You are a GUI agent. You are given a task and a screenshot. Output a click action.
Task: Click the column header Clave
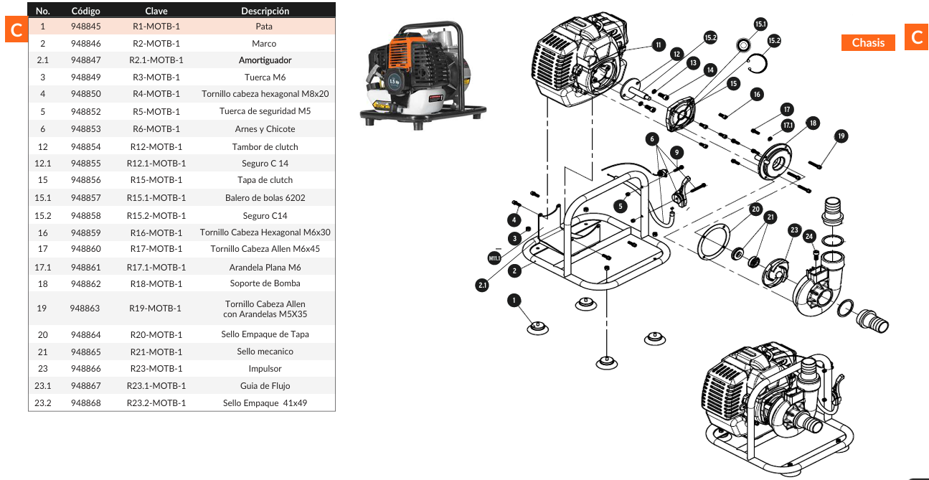click(156, 11)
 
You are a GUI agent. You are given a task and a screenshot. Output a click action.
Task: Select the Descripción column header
click(265, 11)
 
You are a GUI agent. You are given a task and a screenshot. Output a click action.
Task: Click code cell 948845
click(85, 27)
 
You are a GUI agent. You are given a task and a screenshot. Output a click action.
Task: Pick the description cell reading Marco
click(264, 44)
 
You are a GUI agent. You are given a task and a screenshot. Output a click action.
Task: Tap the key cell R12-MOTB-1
click(156, 147)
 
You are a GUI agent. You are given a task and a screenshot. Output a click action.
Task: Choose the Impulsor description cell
click(265, 369)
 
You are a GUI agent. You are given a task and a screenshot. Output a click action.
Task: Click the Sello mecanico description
click(265, 352)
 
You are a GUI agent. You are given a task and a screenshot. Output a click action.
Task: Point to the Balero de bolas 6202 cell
click(265, 198)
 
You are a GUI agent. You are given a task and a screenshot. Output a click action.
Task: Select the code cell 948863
click(85, 309)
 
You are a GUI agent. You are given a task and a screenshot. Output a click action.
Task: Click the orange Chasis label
click(868, 43)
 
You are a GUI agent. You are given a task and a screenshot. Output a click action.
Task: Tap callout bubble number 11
click(658, 44)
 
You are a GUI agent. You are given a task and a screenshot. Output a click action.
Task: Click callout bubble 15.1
click(760, 24)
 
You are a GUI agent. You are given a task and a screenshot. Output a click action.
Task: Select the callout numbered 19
click(841, 136)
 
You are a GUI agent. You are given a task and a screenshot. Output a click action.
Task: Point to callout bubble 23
click(793, 230)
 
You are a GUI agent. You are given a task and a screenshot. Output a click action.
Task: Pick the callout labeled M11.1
click(494, 258)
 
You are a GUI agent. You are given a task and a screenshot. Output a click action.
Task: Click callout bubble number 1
click(514, 300)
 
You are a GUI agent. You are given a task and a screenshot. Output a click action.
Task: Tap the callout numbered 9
click(676, 152)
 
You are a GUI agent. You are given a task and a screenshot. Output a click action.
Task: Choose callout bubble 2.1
click(482, 285)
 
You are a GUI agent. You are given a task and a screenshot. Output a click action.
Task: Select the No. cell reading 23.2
click(43, 403)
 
